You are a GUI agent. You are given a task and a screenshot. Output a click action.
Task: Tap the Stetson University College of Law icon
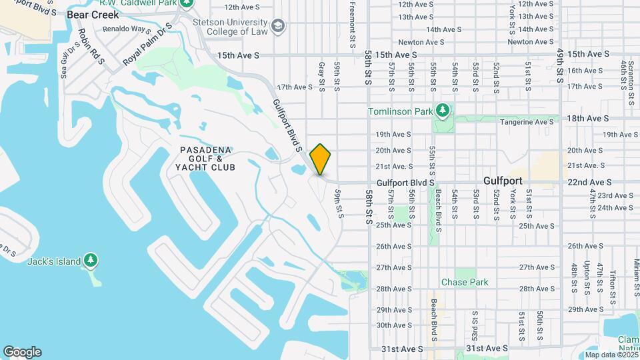(x=278, y=27)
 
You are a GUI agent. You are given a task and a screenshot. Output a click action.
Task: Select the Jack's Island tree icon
(x=91, y=261)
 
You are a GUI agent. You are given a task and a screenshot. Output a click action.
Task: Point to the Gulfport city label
(x=503, y=181)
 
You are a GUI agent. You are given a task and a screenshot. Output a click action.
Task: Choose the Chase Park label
(x=465, y=282)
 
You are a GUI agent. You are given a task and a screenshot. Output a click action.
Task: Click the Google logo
(x=22, y=352)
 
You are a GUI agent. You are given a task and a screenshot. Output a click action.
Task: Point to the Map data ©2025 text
(x=610, y=355)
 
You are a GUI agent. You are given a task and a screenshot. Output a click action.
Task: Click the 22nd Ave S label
(x=589, y=182)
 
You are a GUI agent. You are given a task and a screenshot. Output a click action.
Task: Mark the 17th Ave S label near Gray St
(x=295, y=87)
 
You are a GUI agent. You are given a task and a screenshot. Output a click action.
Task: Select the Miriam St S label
(x=637, y=276)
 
